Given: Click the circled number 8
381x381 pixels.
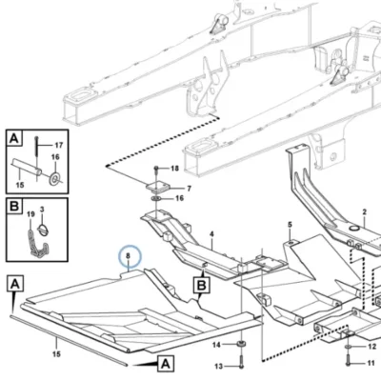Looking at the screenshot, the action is pyautogui.click(x=129, y=255).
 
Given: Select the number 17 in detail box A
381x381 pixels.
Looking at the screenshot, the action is pyautogui.click(x=59, y=146).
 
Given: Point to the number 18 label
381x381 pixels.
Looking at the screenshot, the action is pyautogui.click(x=175, y=169).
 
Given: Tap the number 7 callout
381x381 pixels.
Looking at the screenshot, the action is pyautogui.click(x=189, y=189).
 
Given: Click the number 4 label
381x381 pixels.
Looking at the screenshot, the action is pyautogui.click(x=211, y=234).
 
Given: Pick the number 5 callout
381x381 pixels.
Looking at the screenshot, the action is pyautogui.click(x=290, y=225).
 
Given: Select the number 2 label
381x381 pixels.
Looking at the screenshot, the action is pyautogui.click(x=365, y=211).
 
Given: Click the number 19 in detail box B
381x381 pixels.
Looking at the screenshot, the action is pyautogui.click(x=30, y=214).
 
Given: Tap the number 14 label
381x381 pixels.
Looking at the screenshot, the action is pyautogui.click(x=216, y=345).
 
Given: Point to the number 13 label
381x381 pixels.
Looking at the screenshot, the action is pyautogui.click(x=219, y=367).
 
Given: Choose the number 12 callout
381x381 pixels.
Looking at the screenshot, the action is pyautogui.click(x=371, y=347).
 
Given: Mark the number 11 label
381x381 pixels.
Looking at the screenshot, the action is pyautogui.click(x=371, y=363).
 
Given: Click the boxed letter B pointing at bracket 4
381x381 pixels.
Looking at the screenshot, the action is pyautogui.click(x=202, y=285).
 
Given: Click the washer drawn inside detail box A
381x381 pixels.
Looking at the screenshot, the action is pyautogui.click(x=55, y=178).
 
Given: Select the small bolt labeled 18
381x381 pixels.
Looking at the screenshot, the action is pyautogui.click(x=156, y=170).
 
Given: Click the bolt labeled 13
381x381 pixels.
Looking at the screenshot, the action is pyautogui.click(x=241, y=361).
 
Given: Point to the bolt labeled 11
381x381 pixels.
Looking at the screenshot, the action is pyautogui.click(x=349, y=358).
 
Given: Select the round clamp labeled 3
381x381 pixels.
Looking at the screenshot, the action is pyautogui.click(x=42, y=230).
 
